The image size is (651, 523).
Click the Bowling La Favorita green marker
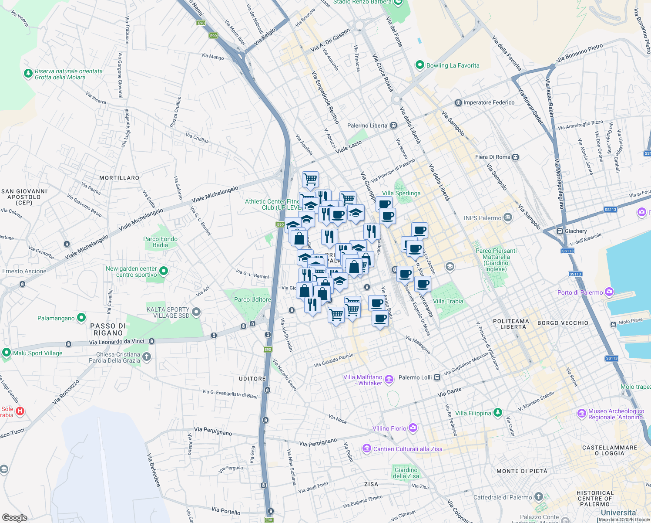[x=420, y=65]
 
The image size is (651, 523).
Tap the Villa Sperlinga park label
[x=401, y=193]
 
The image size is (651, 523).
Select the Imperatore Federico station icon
[x=458, y=103]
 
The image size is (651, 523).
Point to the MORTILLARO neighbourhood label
[x=119, y=178]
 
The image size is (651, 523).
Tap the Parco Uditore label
[x=252, y=299]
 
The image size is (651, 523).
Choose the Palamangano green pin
[x=81, y=318]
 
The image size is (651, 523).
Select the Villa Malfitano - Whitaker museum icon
[x=389, y=380]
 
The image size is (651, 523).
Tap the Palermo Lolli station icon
[x=437, y=377]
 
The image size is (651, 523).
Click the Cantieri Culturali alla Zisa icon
[x=366, y=448]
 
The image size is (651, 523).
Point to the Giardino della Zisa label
[x=406, y=473]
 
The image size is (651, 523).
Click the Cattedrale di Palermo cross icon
[x=539, y=497]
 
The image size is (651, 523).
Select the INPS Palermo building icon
[x=508, y=217]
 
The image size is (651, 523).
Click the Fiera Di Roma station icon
[x=516, y=157]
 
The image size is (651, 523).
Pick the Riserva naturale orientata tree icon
[x=28, y=73]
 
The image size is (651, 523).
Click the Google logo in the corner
[x=15, y=518]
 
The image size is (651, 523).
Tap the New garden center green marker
[x=164, y=271]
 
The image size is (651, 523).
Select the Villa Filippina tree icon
[x=498, y=412]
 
